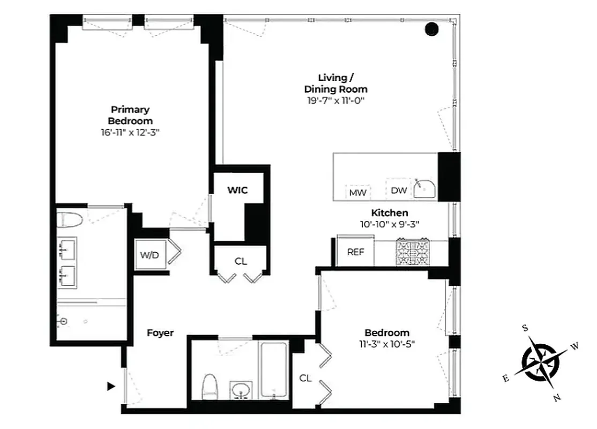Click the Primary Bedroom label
click(130, 115)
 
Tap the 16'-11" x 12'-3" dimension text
click(130, 132)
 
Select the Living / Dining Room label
click(335, 83)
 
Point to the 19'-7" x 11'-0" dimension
click(335, 100)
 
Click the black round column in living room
click(432, 29)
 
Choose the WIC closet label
click(237, 190)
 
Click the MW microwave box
click(357, 192)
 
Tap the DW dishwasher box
click(398, 190)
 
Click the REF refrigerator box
click(355, 252)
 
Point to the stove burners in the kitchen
click(412, 252)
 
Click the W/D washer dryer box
click(150, 255)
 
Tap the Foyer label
click(160, 333)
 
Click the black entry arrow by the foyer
click(111, 386)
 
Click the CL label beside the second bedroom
click(305, 378)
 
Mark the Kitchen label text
click(390, 213)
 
